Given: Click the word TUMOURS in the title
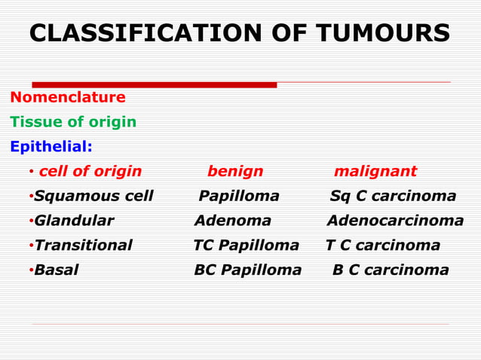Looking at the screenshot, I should [x=382, y=34].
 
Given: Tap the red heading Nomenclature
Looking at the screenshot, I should [x=68, y=98].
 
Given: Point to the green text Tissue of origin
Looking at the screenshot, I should [x=73, y=122].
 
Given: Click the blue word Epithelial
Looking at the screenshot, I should [x=51, y=146].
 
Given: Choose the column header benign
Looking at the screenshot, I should [x=235, y=172].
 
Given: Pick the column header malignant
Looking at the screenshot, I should [x=375, y=172].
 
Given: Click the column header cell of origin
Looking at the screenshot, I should [x=90, y=172].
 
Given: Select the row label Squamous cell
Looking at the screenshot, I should [x=93, y=197].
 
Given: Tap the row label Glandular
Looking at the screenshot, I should [x=74, y=221].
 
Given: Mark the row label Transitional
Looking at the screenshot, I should [x=83, y=246].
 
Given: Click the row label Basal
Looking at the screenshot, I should [x=57, y=270].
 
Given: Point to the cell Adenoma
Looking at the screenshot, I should [x=233, y=221].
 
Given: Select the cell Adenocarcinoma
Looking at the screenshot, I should [x=395, y=221].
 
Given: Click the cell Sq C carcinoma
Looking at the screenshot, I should [x=393, y=197].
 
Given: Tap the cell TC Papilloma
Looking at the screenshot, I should [x=246, y=246].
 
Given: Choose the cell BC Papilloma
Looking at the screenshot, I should [x=247, y=270].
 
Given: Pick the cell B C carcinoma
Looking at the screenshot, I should [x=391, y=270].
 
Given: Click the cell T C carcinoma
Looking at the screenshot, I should [x=383, y=246].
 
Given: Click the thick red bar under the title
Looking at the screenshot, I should [x=155, y=85].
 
